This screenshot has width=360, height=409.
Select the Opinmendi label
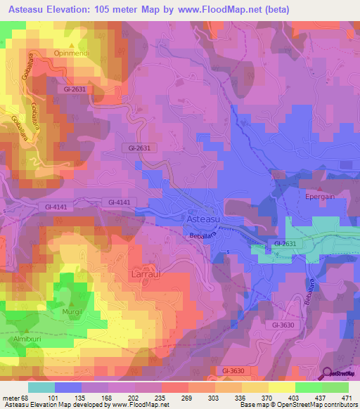72,53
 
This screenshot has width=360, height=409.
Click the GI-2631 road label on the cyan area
285,244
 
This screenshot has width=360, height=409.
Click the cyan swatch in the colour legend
41,387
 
